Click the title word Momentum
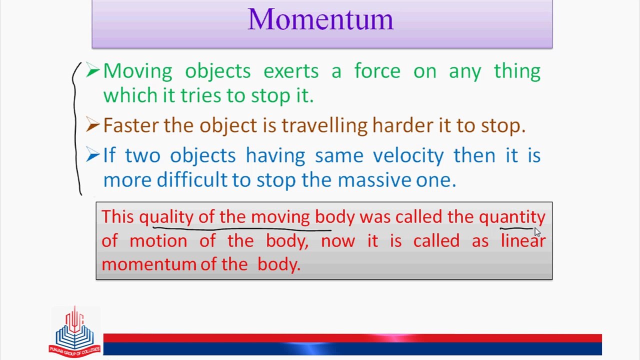320,19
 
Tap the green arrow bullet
93,70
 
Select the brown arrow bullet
93,124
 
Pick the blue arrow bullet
93,154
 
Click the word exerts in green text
291,71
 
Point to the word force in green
377,70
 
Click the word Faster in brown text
130,125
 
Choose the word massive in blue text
374,180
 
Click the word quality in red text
166,217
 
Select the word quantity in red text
512,217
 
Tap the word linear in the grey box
523,240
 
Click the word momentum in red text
149,264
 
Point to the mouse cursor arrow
537,232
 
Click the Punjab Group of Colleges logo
75,331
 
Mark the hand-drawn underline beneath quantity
516,228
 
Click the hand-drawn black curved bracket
76,128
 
